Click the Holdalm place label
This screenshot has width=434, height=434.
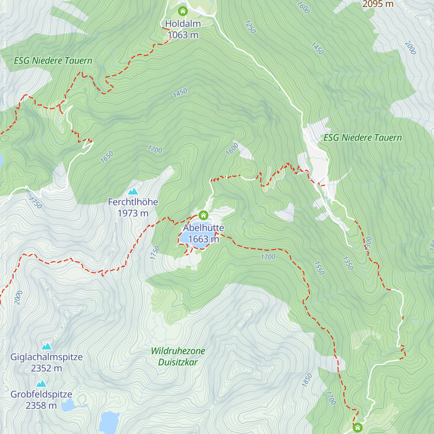(183, 24)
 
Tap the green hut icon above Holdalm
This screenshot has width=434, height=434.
(183, 11)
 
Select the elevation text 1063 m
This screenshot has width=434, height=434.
(183, 35)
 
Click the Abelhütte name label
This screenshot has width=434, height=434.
(203, 228)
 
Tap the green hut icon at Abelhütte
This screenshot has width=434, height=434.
(204, 215)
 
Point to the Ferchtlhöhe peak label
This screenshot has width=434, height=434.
(133, 202)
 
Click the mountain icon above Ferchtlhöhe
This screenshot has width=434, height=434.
(133, 191)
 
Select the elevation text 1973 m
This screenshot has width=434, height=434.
(133, 213)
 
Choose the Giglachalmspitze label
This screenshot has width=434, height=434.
(47, 357)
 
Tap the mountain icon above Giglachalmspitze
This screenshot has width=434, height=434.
(47, 346)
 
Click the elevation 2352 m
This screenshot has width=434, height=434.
(47, 369)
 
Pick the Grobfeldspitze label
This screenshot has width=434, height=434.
(41, 394)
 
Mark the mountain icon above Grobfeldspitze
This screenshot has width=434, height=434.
(41, 384)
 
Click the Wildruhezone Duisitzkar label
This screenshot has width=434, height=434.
(178, 356)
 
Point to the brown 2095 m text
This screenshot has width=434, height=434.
(378, 4)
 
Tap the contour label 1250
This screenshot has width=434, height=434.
(250, 27)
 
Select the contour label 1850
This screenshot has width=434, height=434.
(307, 380)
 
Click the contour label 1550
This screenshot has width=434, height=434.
(319, 268)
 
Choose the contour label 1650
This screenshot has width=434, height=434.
(107, 157)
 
